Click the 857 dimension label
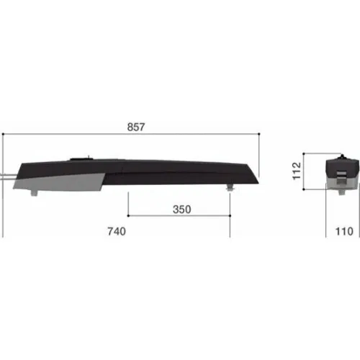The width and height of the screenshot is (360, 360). coord(136,127)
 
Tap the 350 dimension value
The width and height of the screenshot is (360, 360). coord(182,210)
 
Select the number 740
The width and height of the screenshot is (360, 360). coord(117,231)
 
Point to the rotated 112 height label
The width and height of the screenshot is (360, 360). coord(297,171)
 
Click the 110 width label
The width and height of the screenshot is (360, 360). coord(344,231)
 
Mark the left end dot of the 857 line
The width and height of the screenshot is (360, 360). coord(3,134)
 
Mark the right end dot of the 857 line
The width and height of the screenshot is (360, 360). coord(259,134)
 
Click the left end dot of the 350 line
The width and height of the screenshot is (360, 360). coord(128,215)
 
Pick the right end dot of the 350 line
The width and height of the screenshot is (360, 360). coord(230,215)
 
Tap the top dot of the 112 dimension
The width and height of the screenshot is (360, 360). coord(304,153)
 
